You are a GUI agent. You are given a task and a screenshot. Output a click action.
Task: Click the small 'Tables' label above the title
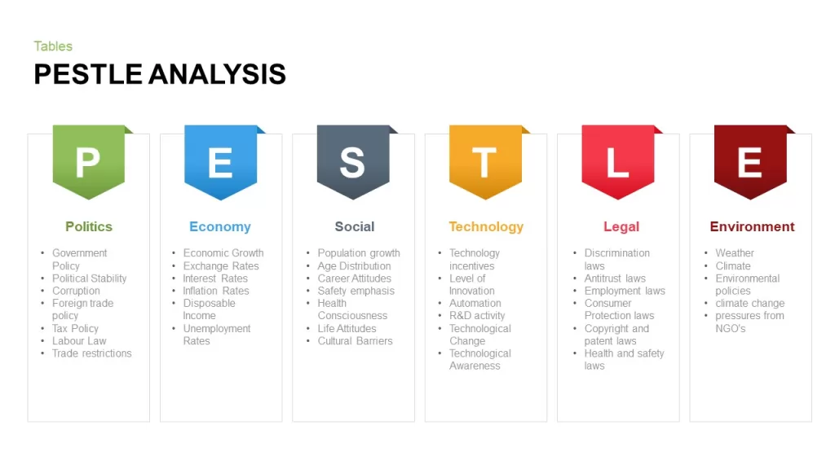[53, 46]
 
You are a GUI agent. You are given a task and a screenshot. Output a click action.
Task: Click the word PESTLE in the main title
[88, 74]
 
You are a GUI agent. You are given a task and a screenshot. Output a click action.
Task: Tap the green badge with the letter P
[89, 162]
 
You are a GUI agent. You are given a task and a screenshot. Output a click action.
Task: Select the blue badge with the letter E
[221, 162]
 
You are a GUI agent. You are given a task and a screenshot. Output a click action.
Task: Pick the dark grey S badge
[353, 162]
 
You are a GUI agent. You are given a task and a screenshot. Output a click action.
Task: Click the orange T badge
[486, 162]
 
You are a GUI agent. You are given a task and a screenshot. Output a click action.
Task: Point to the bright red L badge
[618, 162]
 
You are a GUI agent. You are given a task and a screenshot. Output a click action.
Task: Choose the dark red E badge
[750, 162]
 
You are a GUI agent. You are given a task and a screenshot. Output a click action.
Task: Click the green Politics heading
[89, 226]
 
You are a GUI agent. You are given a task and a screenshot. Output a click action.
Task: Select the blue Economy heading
[220, 227]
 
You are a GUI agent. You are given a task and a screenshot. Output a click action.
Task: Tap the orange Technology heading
[486, 227]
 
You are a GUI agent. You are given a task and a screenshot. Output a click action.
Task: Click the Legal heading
[621, 227]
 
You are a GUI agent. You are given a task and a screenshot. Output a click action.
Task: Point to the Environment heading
[752, 226]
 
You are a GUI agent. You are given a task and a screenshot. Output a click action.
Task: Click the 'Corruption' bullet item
[76, 291]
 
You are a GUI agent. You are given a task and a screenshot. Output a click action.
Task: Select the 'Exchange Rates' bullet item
[221, 266]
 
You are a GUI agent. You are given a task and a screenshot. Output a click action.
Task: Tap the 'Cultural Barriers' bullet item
[356, 341]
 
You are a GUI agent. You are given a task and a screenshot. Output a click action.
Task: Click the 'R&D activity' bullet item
[477, 316]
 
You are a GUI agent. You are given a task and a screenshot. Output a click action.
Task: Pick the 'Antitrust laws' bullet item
[615, 278]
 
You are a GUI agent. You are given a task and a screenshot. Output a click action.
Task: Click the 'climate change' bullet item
[750, 303]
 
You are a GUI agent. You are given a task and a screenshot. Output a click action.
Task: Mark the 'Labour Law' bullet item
[79, 341]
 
